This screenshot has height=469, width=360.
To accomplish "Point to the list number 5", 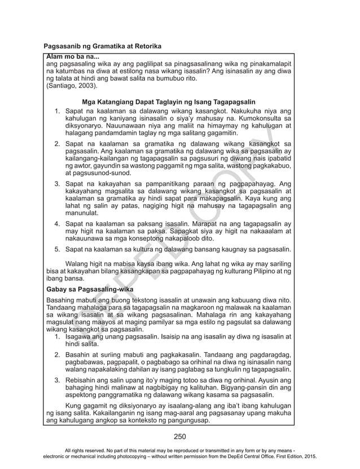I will point(57,248).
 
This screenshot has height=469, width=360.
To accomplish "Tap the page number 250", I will point(180,436).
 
